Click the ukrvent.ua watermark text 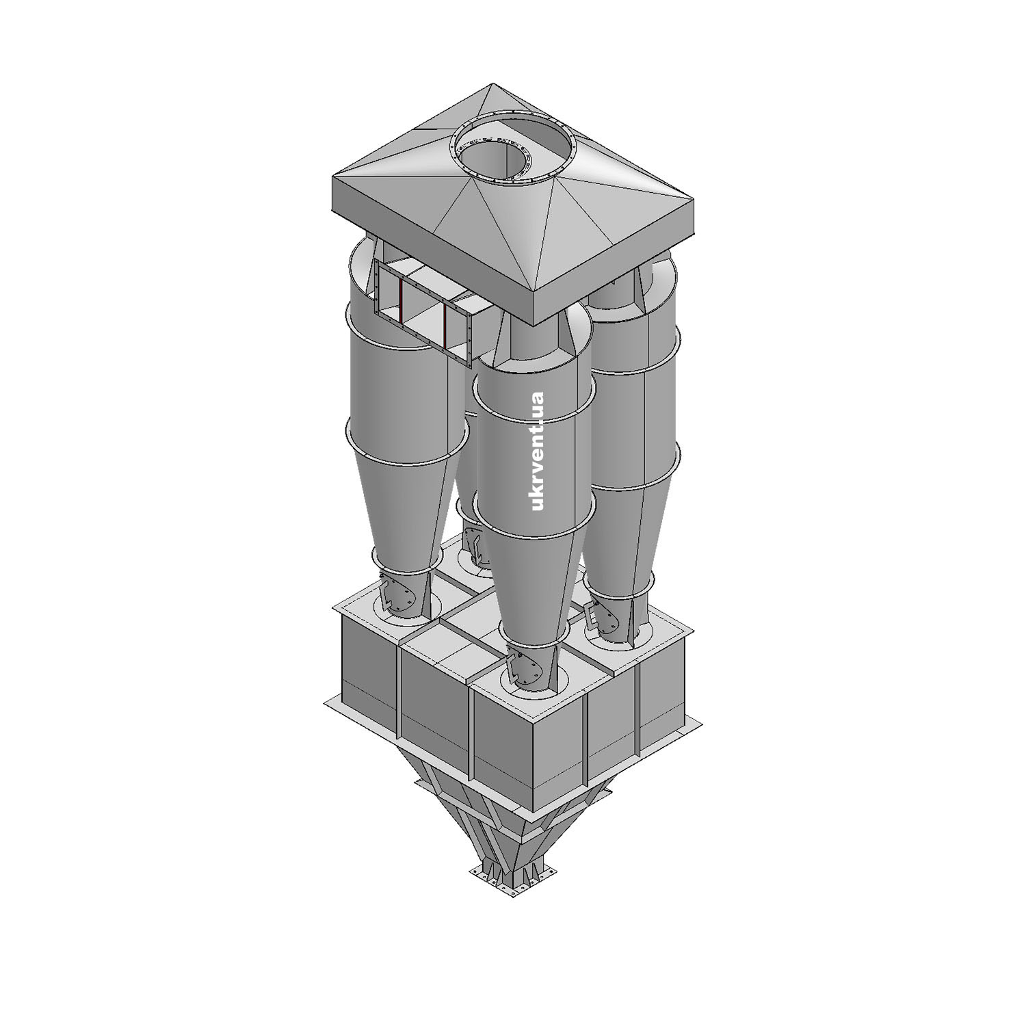click(536, 451)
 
